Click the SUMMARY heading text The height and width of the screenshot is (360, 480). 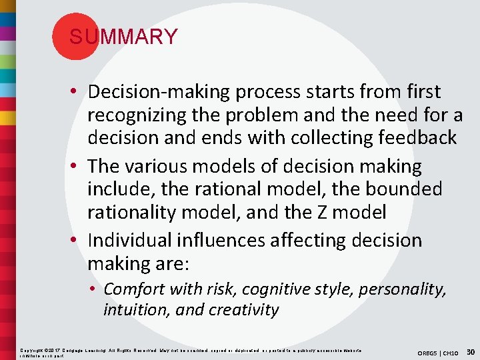click(x=123, y=37)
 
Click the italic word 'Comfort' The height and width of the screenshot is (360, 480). click(x=135, y=289)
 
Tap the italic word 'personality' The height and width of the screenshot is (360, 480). click(x=403, y=289)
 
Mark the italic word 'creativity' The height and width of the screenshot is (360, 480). click(x=243, y=310)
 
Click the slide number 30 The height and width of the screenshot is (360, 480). click(x=471, y=351)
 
